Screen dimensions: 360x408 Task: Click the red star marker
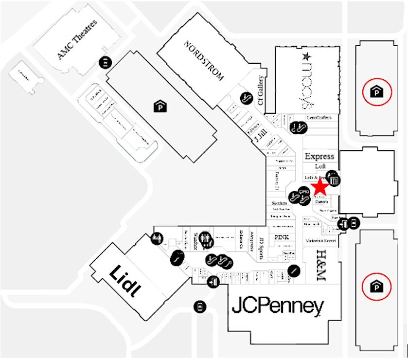(320, 187)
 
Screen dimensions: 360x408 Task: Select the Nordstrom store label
(204, 60)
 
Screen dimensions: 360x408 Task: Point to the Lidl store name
(126, 281)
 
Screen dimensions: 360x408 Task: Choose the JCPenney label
(277, 306)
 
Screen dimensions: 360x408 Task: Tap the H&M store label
(320, 266)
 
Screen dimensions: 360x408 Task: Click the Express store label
(319, 156)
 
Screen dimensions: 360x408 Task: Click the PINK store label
(282, 237)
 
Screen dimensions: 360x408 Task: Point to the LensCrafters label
(319, 118)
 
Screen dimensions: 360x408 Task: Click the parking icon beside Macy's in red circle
(376, 91)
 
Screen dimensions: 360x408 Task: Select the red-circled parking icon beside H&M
(376, 286)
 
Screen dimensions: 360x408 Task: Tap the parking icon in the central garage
(159, 106)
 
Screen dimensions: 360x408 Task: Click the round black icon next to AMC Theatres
(105, 62)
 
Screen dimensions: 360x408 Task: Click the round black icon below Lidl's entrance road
(199, 306)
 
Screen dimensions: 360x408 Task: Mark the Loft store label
(320, 166)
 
